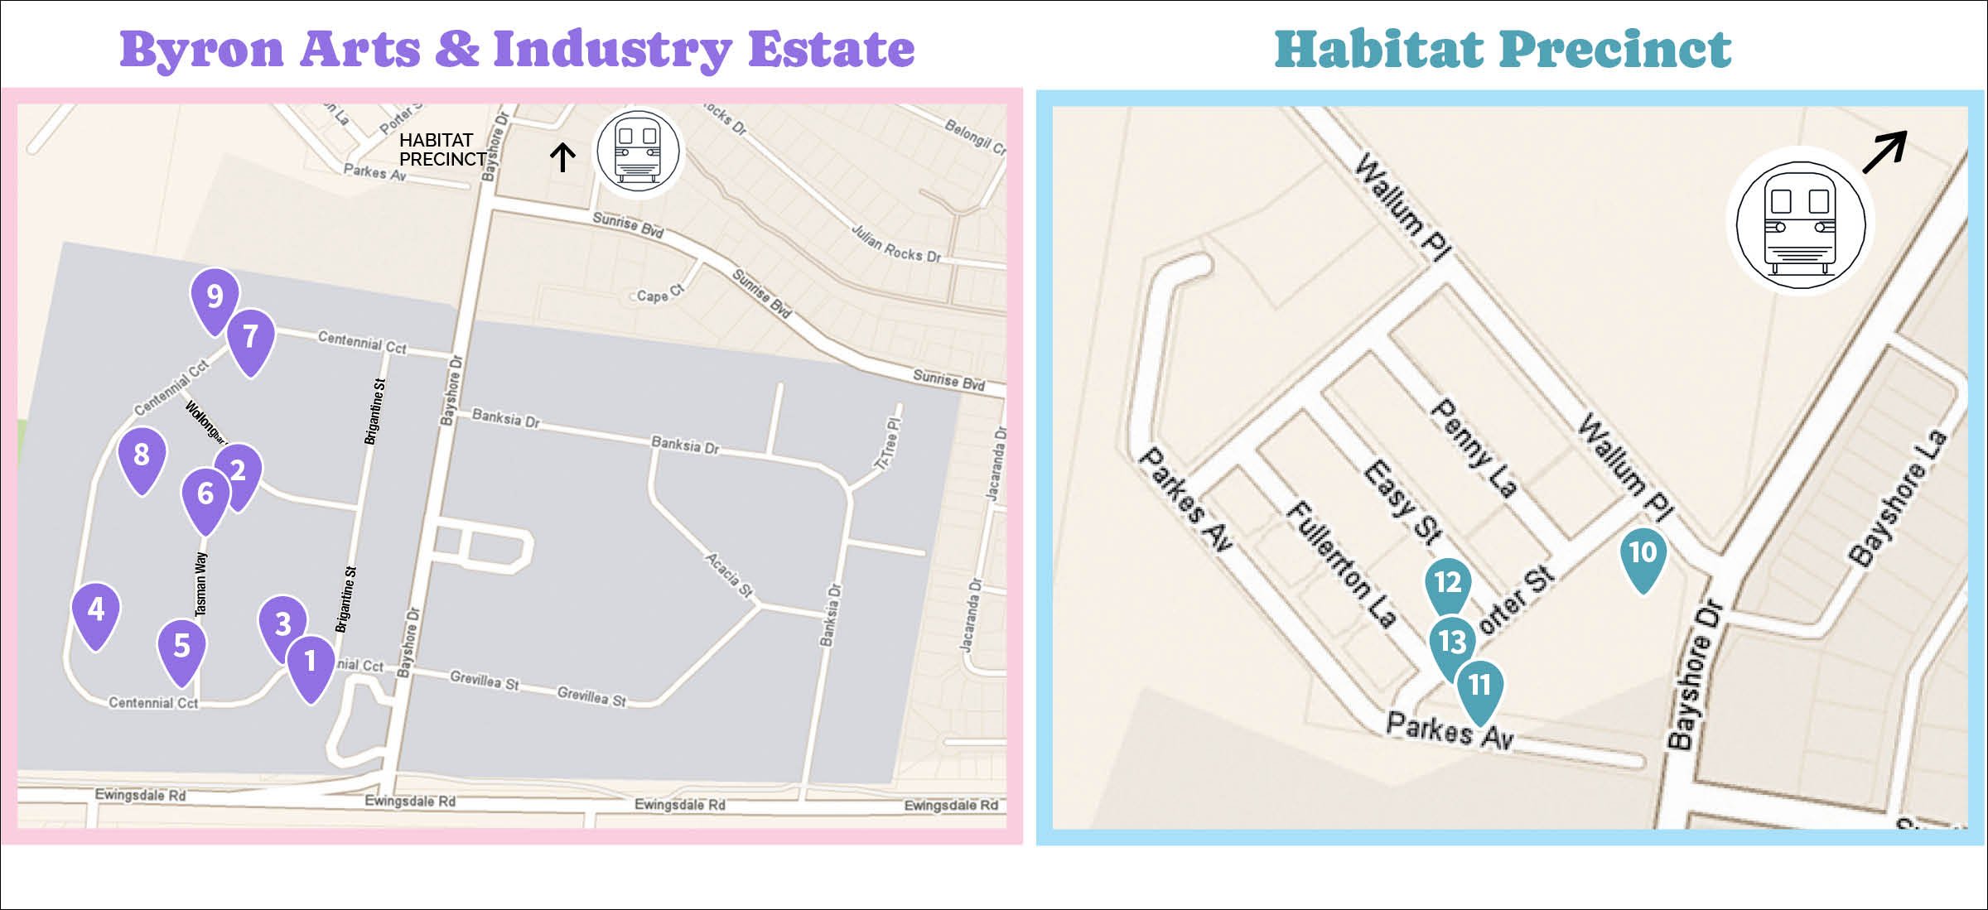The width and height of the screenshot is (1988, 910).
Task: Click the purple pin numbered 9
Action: tap(215, 297)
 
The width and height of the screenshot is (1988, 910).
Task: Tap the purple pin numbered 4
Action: tap(96, 611)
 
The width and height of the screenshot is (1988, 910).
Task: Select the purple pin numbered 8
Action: tap(142, 455)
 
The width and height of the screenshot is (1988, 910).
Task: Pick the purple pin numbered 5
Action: tap(181, 647)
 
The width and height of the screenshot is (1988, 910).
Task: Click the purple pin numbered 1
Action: tap(311, 662)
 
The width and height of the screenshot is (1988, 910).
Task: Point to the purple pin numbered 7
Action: tap(250, 338)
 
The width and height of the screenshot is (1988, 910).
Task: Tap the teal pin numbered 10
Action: tap(1643, 554)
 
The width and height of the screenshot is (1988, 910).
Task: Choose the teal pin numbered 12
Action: tap(1447, 583)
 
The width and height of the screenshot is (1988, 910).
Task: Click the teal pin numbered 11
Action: tap(1479, 686)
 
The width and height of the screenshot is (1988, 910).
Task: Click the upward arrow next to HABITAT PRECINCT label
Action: tap(562, 156)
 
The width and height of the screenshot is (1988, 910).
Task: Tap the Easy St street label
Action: tap(1404, 503)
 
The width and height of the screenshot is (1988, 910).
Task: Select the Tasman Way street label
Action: tap(201, 585)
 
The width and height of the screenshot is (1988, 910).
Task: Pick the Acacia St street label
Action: tap(729, 575)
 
